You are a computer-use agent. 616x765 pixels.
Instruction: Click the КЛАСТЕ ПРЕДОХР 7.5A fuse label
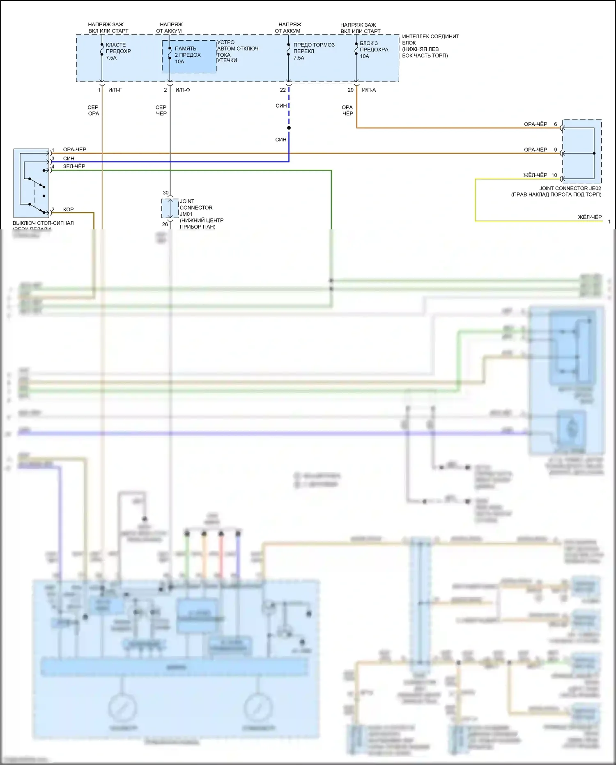[x=118, y=51]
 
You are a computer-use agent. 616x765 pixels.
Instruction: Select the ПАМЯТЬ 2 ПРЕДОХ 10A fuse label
[x=188, y=55]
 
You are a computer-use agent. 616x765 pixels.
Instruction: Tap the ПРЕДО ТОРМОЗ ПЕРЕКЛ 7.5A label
[x=314, y=51]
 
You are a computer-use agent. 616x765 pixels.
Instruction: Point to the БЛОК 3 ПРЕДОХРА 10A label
[x=374, y=50]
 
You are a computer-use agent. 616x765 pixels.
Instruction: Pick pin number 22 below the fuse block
[x=283, y=90]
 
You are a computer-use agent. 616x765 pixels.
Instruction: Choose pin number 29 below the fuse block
[x=350, y=90]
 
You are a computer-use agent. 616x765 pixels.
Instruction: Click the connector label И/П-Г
[x=115, y=90]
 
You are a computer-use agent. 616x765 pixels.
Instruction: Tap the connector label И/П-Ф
[x=182, y=90]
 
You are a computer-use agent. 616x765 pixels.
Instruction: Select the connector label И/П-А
[x=368, y=90]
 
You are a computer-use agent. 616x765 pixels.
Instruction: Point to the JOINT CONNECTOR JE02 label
[x=570, y=189]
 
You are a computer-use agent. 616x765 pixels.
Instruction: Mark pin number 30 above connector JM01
[x=165, y=193]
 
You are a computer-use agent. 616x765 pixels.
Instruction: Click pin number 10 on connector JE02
[x=554, y=176]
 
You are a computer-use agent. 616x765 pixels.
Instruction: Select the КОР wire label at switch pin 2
[x=68, y=210]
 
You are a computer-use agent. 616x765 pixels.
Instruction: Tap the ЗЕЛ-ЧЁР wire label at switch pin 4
[x=74, y=166]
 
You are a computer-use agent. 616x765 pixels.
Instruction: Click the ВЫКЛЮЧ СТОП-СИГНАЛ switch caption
[x=43, y=223]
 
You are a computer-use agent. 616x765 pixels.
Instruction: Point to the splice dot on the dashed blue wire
[x=289, y=128]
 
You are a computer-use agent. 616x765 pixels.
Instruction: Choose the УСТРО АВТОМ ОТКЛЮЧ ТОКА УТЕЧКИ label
[x=237, y=51]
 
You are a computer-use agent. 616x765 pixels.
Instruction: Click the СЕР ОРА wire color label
[x=93, y=111]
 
